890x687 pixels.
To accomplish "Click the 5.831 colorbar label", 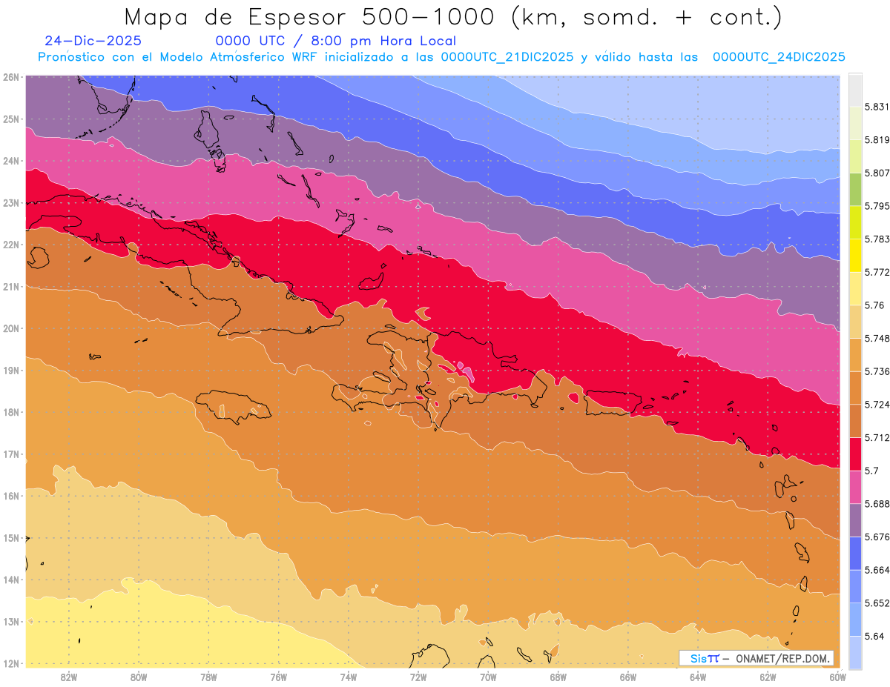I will click(x=877, y=107).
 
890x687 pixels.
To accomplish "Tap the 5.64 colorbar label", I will click(x=874, y=636).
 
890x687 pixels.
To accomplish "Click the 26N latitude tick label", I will click(x=11, y=77).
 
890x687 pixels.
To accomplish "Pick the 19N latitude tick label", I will click(x=11, y=371).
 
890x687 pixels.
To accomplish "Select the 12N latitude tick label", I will click(x=11, y=663).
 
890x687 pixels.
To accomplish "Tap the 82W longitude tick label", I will click(x=69, y=677).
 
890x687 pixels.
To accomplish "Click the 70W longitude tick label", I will click(x=488, y=677).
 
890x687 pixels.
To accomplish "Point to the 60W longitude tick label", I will click(x=837, y=677).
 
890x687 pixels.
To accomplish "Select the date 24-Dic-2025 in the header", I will click(x=93, y=41).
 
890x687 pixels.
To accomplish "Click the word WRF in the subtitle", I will click(x=304, y=57).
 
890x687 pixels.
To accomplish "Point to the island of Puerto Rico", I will click(x=613, y=403).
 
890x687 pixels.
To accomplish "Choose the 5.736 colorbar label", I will click(x=877, y=372).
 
